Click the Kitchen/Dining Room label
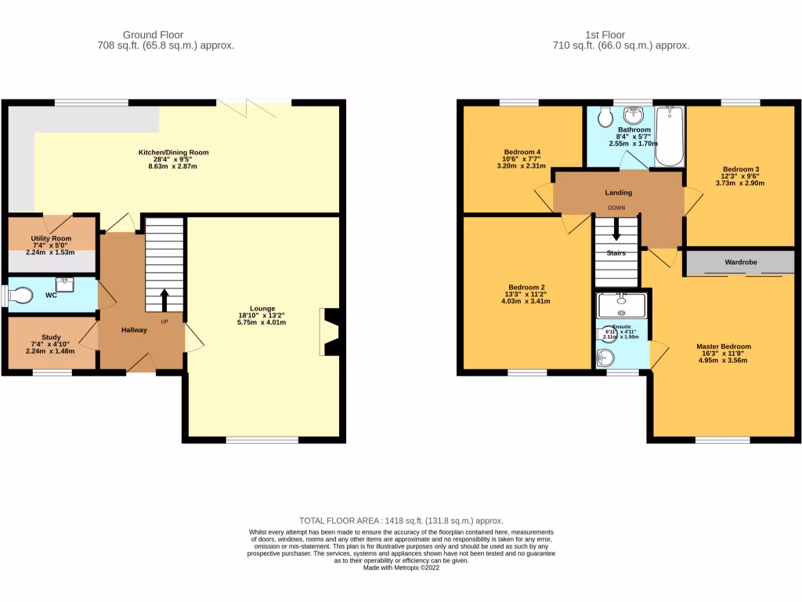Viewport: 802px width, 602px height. [173, 152]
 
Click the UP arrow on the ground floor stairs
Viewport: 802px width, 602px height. [164, 299]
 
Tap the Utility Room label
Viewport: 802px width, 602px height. [51, 238]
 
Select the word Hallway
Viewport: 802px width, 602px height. [134, 330]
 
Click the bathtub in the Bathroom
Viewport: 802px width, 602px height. [669, 136]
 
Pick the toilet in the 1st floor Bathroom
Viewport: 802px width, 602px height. [604, 118]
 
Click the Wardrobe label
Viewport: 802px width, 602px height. [740, 262]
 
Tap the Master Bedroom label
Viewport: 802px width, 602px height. [724, 346]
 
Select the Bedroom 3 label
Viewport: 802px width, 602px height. [741, 169]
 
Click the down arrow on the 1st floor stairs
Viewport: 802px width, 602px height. [616, 230]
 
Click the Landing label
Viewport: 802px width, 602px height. [618, 192]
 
